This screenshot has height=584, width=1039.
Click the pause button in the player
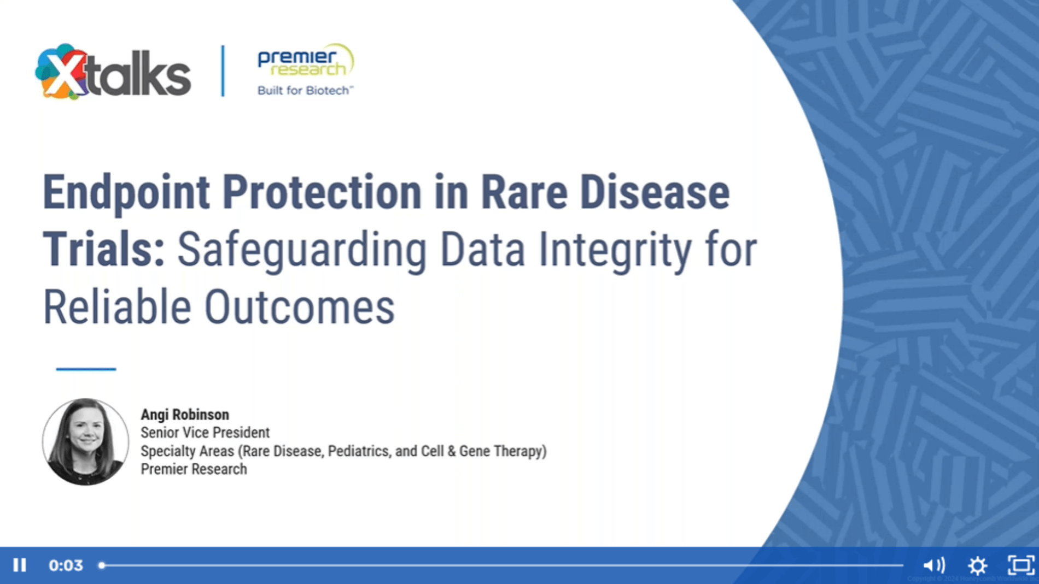pos(20,565)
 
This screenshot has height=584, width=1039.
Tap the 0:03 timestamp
pos(66,565)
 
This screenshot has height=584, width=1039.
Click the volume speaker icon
pos(933,565)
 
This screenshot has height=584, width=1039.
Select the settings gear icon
pos(977,565)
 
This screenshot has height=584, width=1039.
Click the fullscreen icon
pos(1020,565)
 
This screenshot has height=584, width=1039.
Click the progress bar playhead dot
pos(102,565)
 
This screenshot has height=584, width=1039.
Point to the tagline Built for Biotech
pos(305,91)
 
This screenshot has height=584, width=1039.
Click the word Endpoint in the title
pos(126,193)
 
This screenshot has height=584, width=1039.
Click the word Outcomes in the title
pos(299,308)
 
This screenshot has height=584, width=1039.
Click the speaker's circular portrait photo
pos(86,441)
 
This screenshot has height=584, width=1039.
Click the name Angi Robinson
pos(185,415)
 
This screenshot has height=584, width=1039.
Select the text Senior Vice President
pos(205,433)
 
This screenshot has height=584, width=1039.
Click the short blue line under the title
pos(86,369)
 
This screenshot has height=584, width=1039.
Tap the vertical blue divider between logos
pos(223,71)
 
